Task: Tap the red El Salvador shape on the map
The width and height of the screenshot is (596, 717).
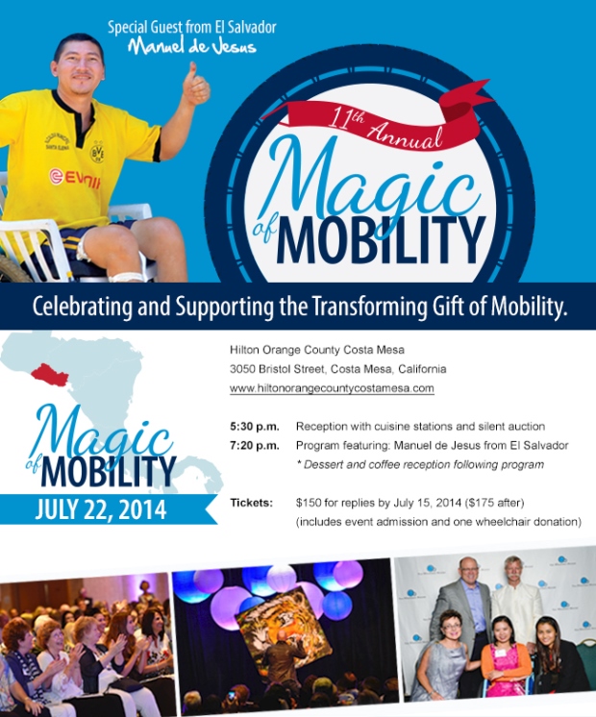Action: pos(50,375)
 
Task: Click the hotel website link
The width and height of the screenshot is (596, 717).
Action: pos(332,388)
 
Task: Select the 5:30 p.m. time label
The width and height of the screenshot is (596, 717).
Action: pos(255,427)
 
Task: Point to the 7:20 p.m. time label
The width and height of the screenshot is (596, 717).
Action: pos(255,446)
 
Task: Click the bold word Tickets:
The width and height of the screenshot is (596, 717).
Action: pos(251,503)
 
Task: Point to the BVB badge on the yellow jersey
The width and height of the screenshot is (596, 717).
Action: pos(97,153)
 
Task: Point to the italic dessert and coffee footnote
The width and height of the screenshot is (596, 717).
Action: pos(420,464)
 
